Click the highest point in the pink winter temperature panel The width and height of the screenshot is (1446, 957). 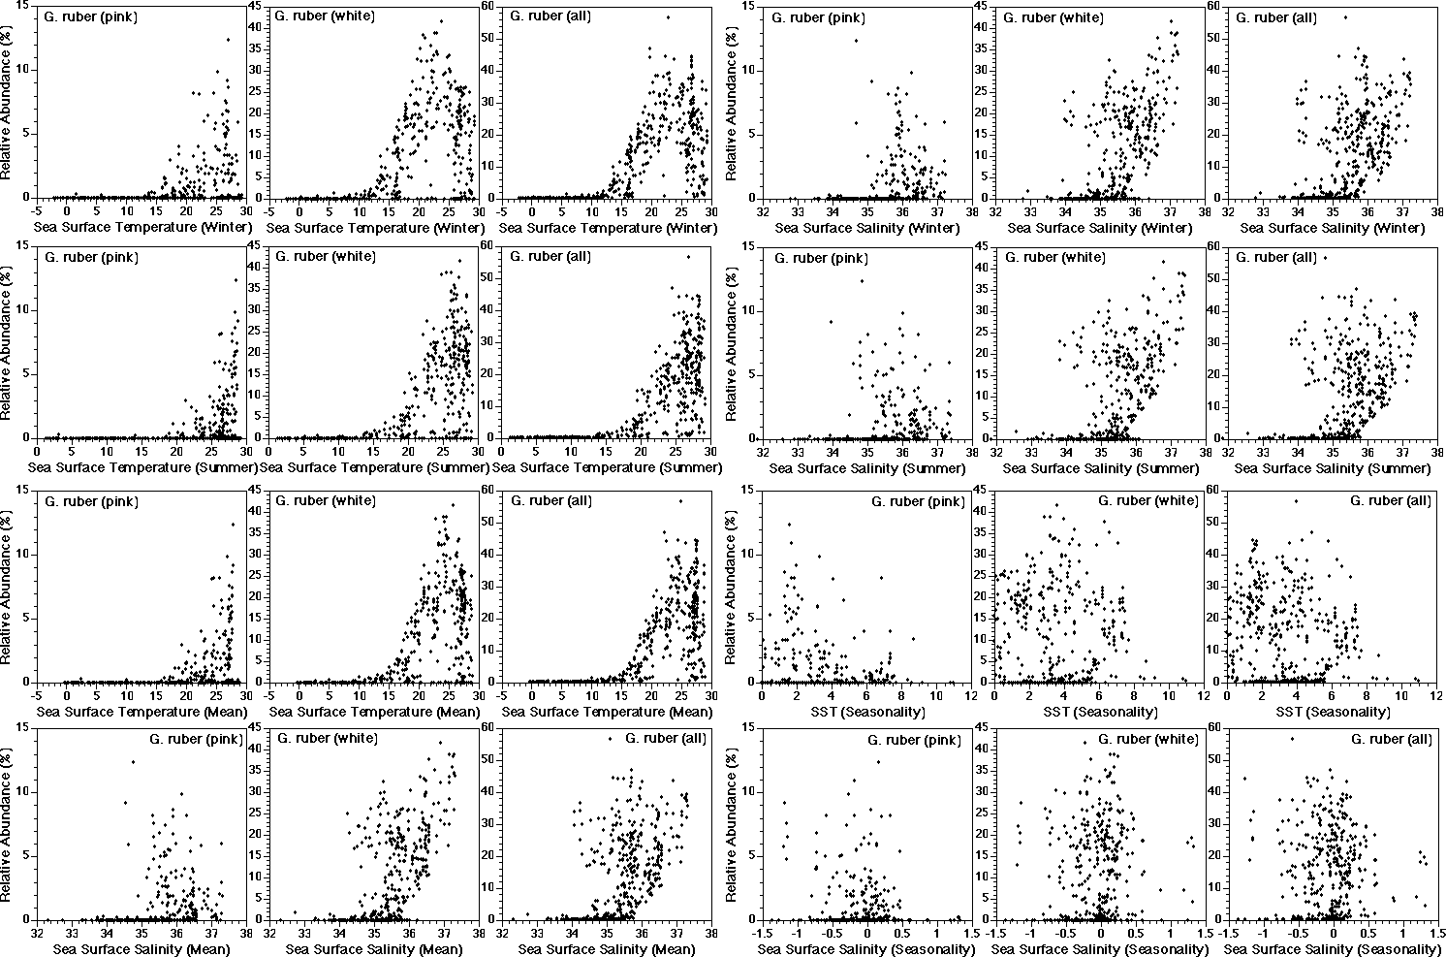[229, 40]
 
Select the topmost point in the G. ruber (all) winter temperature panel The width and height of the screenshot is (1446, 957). [667, 17]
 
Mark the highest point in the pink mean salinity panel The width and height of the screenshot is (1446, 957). [133, 762]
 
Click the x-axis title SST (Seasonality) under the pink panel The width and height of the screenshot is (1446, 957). [844, 711]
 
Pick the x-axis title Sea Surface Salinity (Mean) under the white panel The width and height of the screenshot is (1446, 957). [373, 949]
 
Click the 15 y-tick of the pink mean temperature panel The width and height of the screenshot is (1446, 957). [22, 492]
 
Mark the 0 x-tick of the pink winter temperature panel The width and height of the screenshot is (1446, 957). [67, 209]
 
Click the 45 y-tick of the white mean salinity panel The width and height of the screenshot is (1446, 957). [259, 729]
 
